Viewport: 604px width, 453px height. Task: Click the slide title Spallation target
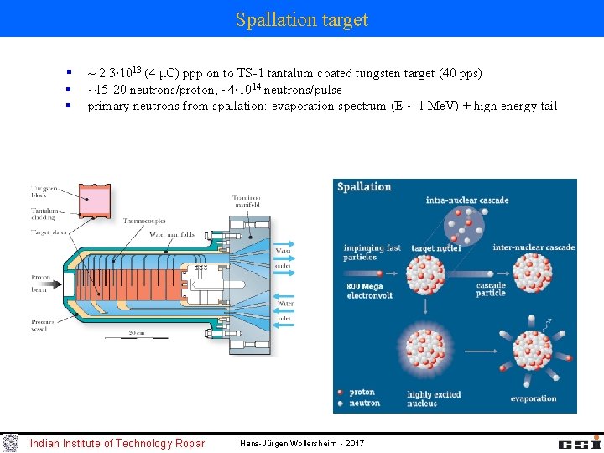(x=302, y=19)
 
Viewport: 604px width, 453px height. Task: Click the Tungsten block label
(x=45, y=192)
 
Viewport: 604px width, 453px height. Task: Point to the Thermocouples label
(x=143, y=221)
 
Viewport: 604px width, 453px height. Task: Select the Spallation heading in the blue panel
(x=364, y=187)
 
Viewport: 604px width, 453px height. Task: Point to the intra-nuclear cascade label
(x=467, y=201)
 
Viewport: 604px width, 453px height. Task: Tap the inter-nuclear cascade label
(x=534, y=247)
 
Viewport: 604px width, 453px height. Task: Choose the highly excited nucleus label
(x=434, y=398)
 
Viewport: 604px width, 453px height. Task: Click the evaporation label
(x=533, y=398)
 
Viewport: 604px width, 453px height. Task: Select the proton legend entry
(x=362, y=392)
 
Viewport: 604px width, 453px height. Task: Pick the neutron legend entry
(x=363, y=403)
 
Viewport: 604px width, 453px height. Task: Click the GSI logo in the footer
(x=580, y=442)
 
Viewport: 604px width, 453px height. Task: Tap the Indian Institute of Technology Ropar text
(x=117, y=443)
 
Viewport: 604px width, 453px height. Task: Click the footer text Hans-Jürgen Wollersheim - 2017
(x=302, y=443)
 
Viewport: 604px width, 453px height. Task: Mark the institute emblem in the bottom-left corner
(x=10, y=442)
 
